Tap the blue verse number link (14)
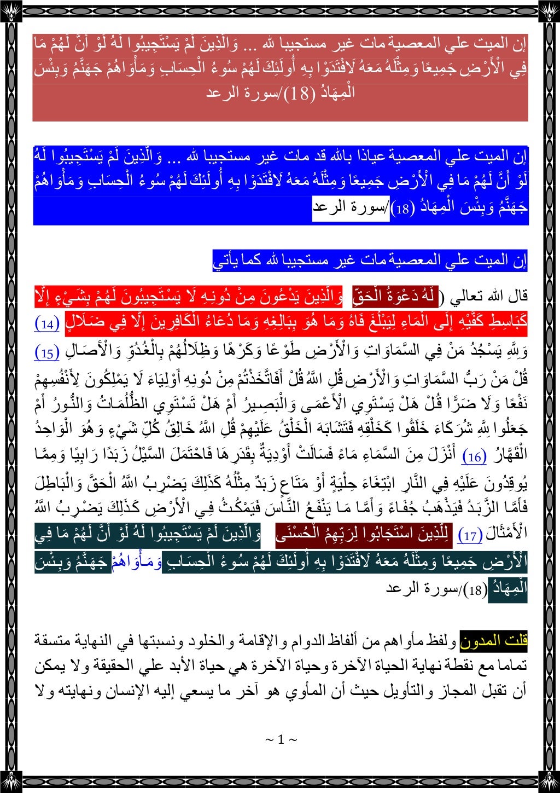coord(47,324)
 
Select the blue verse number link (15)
coord(47,352)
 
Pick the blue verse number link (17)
coord(470,536)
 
